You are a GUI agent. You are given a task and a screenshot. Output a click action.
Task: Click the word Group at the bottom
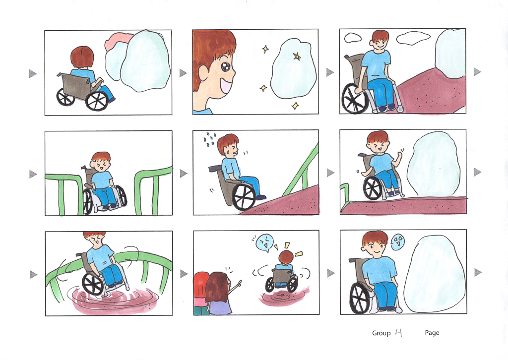click(x=381, y=333)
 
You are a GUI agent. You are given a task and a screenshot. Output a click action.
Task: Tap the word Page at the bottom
click(x=432, y=333)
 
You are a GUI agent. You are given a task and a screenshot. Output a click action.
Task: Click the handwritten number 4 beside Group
click(x=399, y=333)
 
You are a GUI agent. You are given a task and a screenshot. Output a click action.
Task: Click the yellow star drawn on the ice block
click(x=297, y=57)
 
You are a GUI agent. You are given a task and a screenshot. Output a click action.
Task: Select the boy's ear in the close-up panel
click(x=202, y=73)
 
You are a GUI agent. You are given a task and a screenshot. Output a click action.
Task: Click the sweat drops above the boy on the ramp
click(x=210, y=138)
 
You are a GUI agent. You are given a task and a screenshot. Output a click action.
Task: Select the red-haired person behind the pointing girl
click(x=200, y=293)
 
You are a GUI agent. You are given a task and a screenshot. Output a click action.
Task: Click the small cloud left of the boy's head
click(x=353, y=37)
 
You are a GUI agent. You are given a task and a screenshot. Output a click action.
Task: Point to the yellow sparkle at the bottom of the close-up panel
click(x=295, y=106)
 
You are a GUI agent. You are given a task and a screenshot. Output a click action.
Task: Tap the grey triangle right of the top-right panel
click(x=477, y=71)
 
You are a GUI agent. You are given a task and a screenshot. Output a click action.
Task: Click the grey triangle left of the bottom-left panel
click(x=33, y=275)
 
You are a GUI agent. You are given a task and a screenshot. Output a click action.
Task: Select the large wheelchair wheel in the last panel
click(x=361, y=298)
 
